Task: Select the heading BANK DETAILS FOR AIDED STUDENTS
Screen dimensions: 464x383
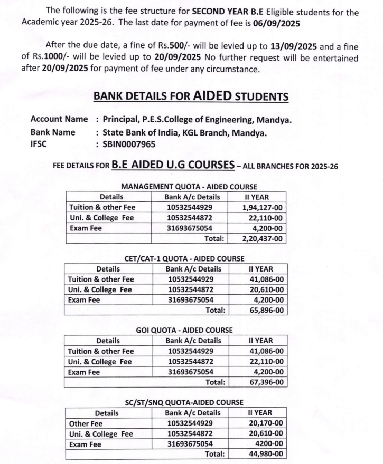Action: (x=191, y=96)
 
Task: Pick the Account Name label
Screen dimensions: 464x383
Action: (x=59, y=120)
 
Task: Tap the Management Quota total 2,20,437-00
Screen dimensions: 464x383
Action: (x=263, y=238)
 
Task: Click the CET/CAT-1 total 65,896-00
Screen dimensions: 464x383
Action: (x=266, y=310)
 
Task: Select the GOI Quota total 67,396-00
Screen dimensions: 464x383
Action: (x=266, y=382)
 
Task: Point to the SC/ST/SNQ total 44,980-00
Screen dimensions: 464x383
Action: (x=266, y=453)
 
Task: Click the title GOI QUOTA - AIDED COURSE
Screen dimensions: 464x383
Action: (x=184, y=330)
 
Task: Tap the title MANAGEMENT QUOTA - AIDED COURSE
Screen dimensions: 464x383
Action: (x=189, y=187)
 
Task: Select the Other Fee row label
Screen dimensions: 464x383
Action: (x=86, y=423)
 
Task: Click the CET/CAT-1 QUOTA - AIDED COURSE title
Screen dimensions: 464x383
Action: (x=184, y=258)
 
